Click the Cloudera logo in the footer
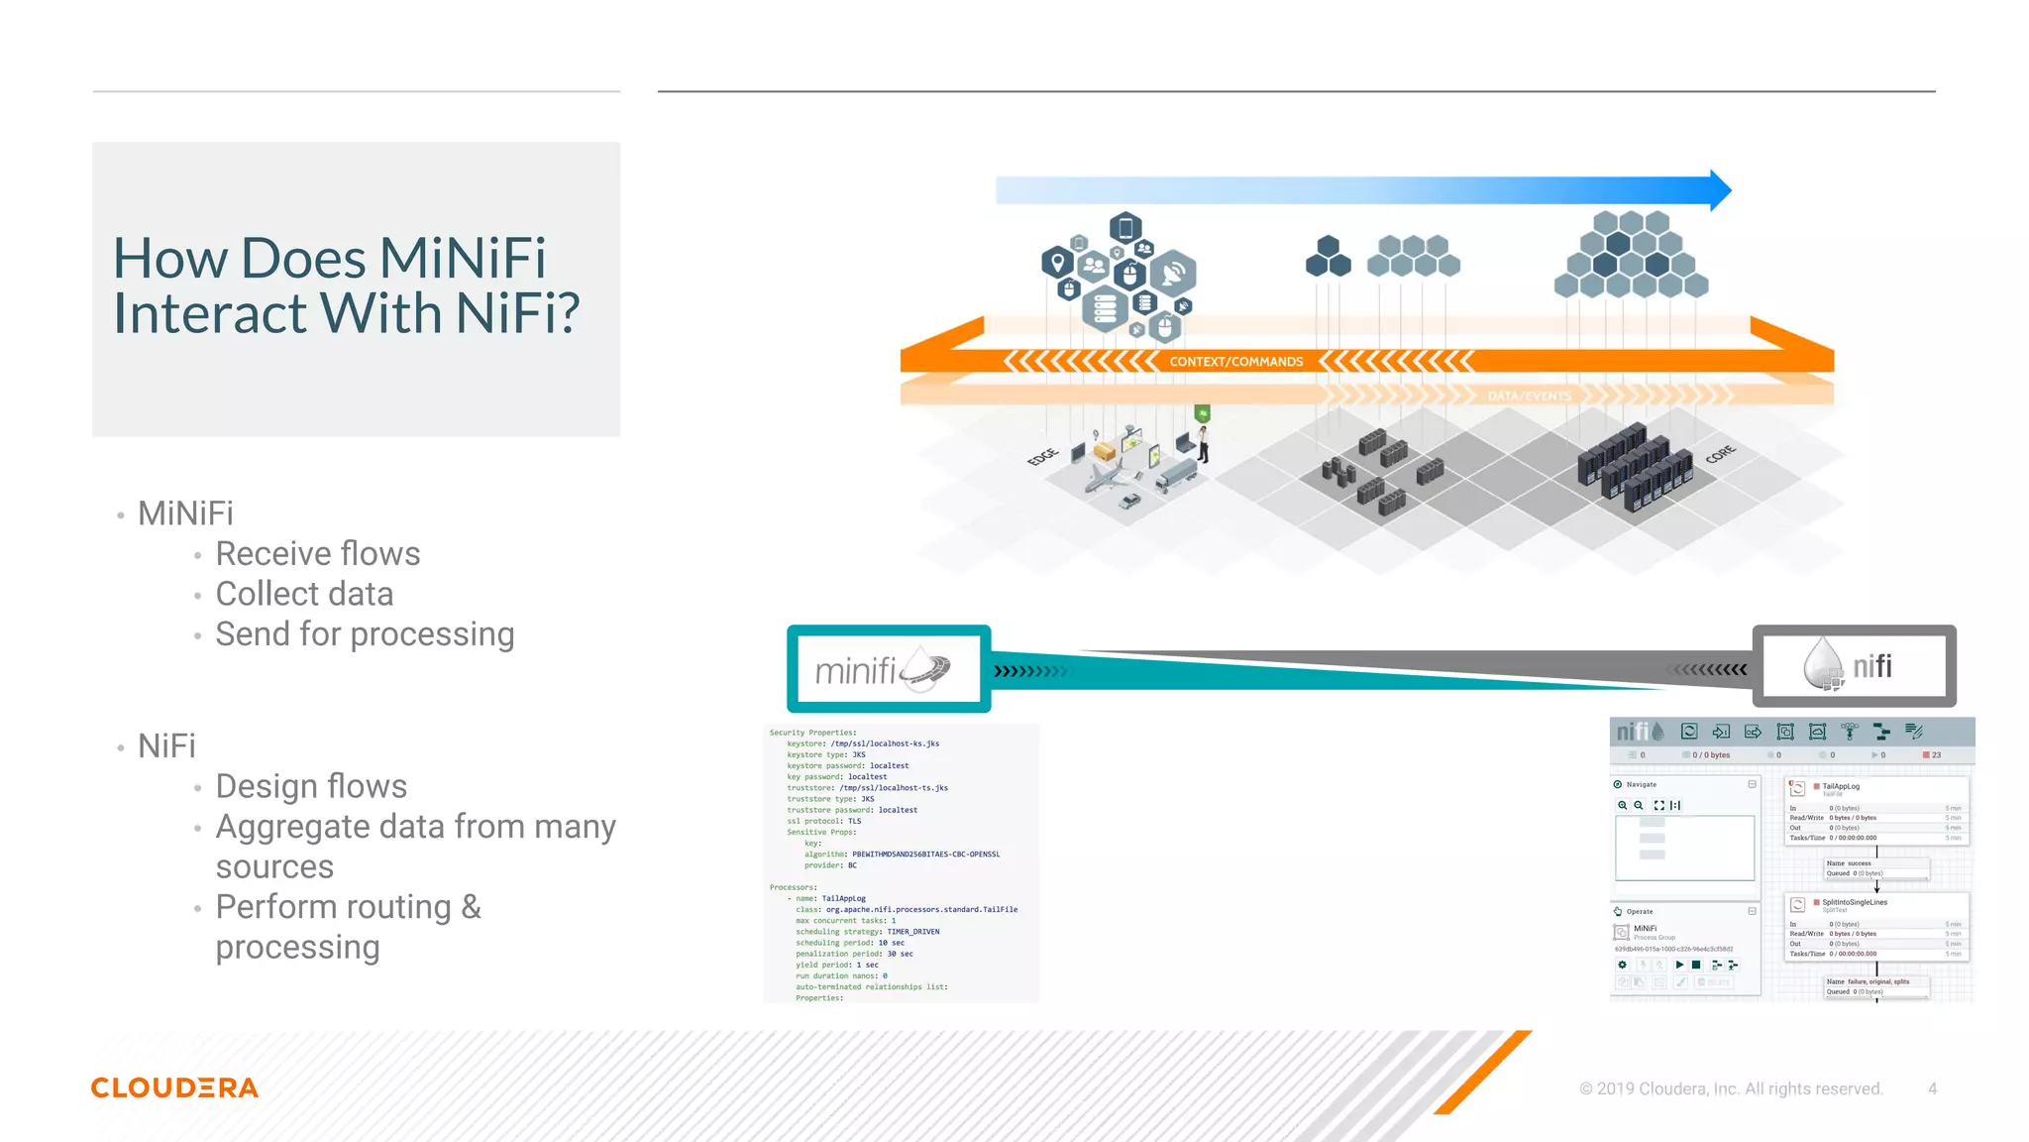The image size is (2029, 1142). [x=174, y=1087]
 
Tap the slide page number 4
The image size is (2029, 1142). [x=1932, y=1088]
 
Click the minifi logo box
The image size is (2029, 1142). [x=888, y=669]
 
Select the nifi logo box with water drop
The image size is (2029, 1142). [x=1853, y=666]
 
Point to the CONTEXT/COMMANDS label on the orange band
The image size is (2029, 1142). [x=1235, y=362]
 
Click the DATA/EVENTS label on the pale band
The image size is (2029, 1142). [x=1529, y=397]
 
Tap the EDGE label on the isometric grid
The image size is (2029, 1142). [x=1042, y=457]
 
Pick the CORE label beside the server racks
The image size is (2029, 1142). [x=1720, y=454]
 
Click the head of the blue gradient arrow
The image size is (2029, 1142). [x=1720, y=189]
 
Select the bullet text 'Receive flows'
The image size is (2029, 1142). [x=318, y=554]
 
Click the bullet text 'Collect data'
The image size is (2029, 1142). [x=304, y=594]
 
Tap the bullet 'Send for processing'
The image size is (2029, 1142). [x=365, y=634]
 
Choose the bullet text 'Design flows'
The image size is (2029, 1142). [x=311, y=786]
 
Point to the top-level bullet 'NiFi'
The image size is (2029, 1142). [x=166, y=746]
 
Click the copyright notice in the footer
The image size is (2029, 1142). [x=1730, y=1088]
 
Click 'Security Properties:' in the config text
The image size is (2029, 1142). [x=811, y=733]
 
